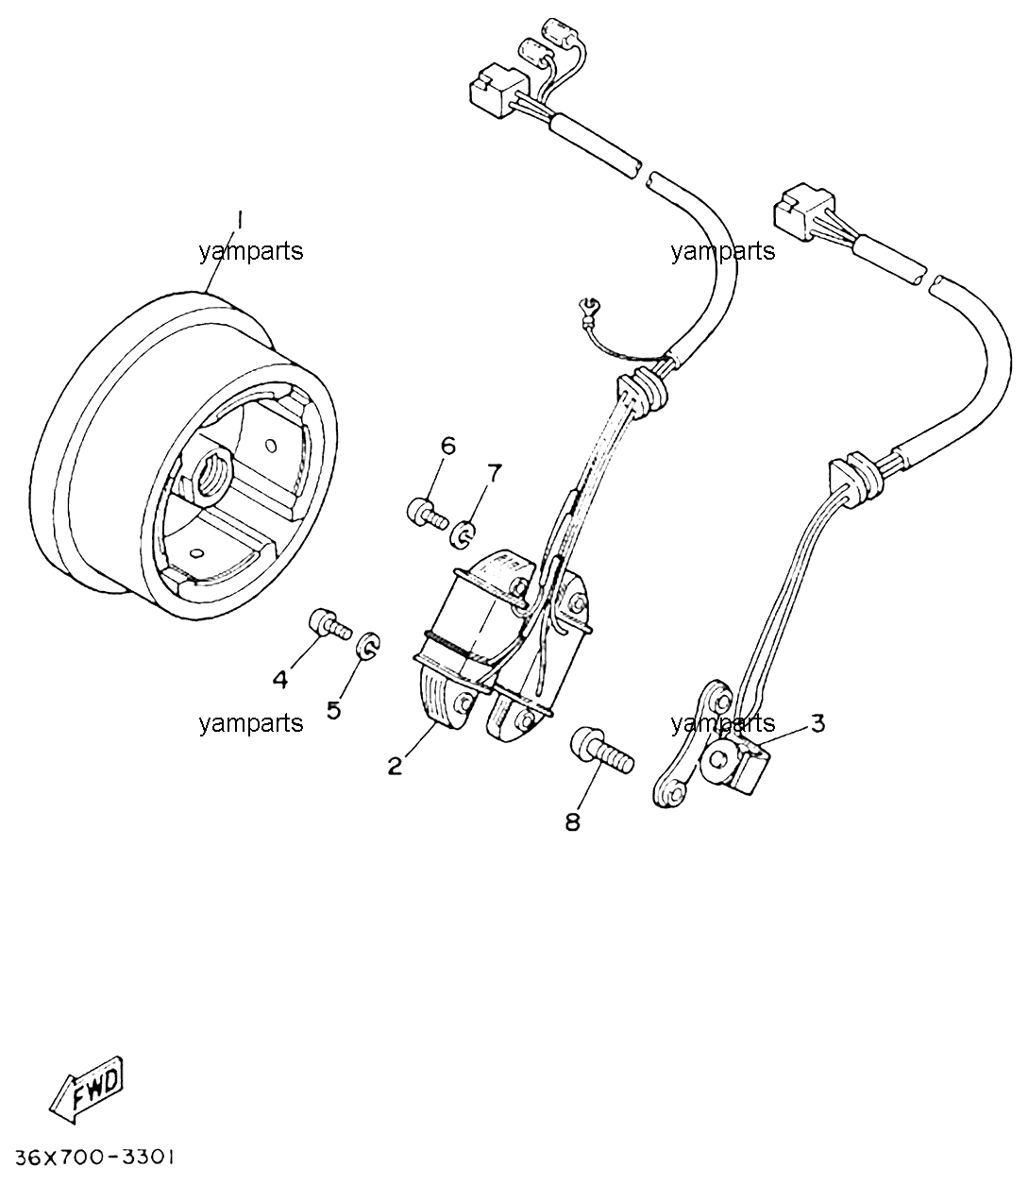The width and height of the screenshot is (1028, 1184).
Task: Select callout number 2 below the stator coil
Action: coord(396,766)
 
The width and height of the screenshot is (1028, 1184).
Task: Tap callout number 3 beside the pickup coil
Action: coord(817,723)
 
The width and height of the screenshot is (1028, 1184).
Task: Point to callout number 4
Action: coord(280,680)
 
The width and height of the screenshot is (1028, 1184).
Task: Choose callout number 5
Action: coord(334,710)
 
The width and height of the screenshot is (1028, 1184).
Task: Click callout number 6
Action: coord(447,446)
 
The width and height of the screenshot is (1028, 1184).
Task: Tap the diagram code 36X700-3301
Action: coord(94,1158)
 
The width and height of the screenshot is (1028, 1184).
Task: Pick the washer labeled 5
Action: coord(368,645)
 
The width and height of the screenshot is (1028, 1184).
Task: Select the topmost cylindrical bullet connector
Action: coord(561,30)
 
